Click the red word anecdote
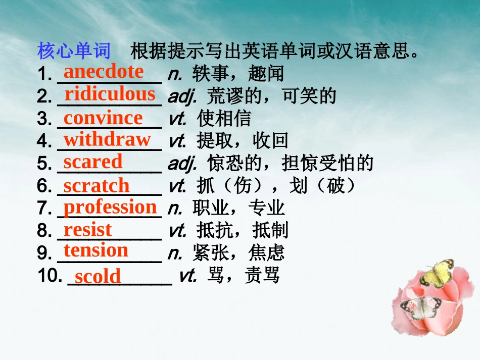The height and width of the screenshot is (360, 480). [103, 72]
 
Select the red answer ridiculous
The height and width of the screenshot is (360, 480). [110, 94]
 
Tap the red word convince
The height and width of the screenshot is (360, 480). [103, 118]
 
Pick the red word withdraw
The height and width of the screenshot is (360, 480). [107, 139]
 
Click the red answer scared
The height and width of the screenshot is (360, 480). [93, 162]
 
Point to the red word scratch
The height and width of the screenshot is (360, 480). [97, 186]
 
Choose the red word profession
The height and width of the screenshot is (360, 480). [110, 207]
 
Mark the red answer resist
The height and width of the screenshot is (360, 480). [87, 230]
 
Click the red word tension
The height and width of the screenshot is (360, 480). [96, 250]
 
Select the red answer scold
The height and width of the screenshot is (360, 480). [98, 277]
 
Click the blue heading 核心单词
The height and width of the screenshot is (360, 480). [74, 51]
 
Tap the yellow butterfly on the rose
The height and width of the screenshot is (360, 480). [437, 273]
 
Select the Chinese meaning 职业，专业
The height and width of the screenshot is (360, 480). [238, 208]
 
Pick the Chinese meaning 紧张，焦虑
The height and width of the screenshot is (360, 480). [238, 252]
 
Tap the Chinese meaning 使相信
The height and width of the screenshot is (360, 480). [224, 119]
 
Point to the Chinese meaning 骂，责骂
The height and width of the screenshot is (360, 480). [244, 276]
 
